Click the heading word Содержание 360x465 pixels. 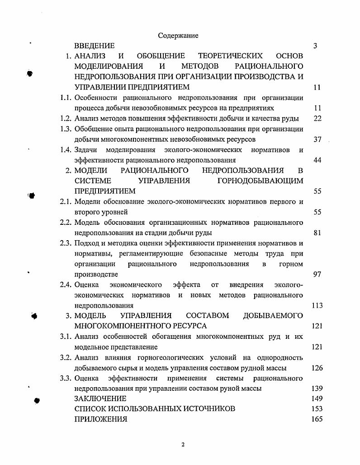pos(178,35)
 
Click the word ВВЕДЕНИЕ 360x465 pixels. pos(95,46)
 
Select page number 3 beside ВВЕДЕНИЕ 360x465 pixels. pos(315,46)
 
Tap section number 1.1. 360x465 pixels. pos(66,98)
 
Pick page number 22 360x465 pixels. pos(317,119)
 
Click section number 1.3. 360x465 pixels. pos(66,129)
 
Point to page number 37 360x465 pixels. pos(317,139)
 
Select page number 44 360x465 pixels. pos(317,160)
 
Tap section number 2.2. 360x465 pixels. pos(66,223)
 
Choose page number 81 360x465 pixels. pos(317,233)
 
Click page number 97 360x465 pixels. pos(317,275)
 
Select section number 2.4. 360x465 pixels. pos(66,285)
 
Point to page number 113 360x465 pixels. pos(317,306)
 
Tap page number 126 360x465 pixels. pos(317,368)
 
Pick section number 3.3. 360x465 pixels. pos(66,378)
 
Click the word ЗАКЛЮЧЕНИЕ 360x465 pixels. pos(100,399)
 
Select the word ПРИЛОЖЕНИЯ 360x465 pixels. pos(100,419)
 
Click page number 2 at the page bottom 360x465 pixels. pos(183,445)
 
